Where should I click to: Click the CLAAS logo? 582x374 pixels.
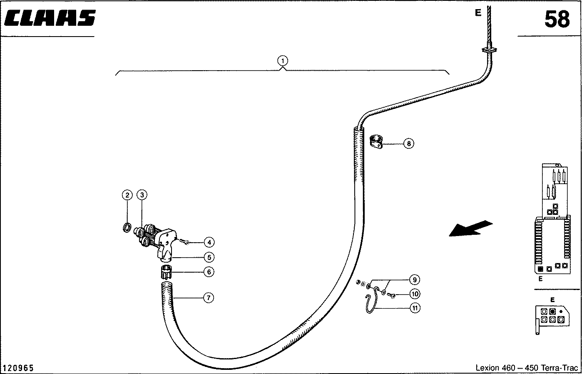pos(50,18)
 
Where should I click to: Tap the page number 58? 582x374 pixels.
pos(557,19)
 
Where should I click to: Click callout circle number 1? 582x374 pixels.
pos(283,61)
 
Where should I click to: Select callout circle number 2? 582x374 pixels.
pos(127,195)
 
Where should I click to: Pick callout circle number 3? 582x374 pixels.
pos(142,195)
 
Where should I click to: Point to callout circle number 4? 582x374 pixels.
pos(209,243)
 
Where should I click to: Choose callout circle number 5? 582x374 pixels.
pos(209,258)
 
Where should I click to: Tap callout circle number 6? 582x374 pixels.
pos(209,272)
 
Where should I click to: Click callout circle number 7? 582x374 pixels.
pos(209,298)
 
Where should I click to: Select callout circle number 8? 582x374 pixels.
pos(409,143)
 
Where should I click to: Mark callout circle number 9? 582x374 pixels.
pos(415,280)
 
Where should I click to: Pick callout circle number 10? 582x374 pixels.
pos(415,294)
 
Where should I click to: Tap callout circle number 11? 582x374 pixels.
pos(415,308)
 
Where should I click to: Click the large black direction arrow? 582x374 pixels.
pos(470,229)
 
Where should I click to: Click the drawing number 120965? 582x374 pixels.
pos(18,368)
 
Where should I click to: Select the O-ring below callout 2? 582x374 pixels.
pos(127,227)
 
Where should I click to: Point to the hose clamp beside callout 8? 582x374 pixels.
pos(376,142)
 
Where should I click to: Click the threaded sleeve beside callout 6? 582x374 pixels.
pos(166,272)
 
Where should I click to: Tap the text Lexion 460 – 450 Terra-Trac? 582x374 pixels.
pos(527,368)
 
